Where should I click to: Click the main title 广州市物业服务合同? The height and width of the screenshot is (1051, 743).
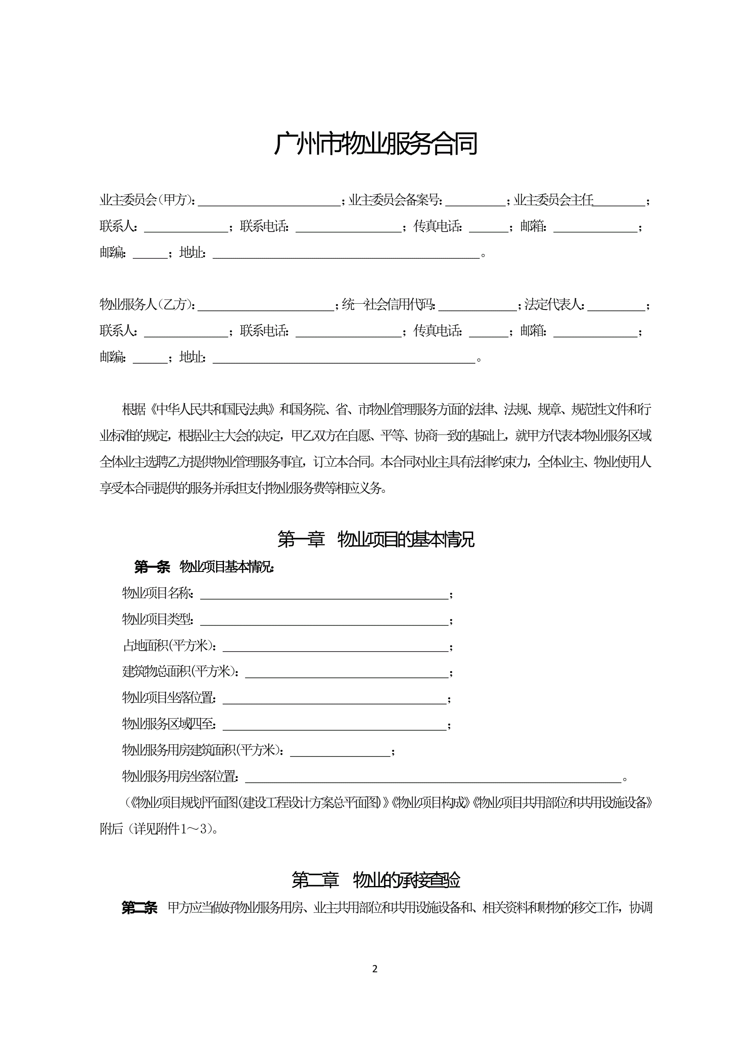375,144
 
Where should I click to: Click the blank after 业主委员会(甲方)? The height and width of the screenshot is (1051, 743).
269,202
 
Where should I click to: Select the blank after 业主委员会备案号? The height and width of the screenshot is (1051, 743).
475,202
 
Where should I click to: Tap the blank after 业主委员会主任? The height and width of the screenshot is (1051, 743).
619,202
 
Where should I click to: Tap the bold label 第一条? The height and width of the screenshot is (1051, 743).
152,567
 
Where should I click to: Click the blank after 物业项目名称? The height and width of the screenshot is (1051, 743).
324,594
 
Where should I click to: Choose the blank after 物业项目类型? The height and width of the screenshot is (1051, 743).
324,621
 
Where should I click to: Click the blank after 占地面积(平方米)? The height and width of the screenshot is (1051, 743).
335,647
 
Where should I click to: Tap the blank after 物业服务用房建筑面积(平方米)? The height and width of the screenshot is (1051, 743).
340,751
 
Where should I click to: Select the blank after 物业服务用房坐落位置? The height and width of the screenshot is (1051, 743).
433,777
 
